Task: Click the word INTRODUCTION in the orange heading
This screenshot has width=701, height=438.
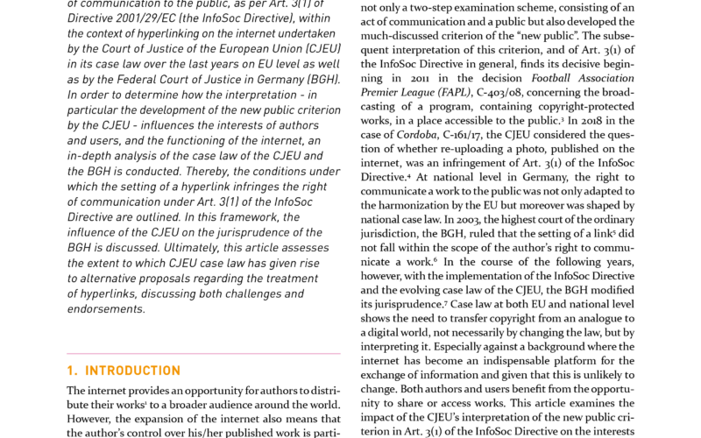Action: click(133, 371)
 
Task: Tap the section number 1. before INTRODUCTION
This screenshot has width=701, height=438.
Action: click(72, 371)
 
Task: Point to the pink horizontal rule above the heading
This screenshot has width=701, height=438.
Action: click(203, 354)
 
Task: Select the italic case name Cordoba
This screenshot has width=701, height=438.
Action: click(417, 135)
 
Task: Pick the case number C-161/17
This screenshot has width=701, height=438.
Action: click(463, 135)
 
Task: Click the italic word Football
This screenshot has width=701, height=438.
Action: click(551, 78)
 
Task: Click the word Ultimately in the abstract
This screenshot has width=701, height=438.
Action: click(191, 248)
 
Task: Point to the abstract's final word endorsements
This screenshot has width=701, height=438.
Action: click(106, 309)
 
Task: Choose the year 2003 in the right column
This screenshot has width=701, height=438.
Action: click(468, 220)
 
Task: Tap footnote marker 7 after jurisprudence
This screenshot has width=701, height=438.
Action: click(446, 302)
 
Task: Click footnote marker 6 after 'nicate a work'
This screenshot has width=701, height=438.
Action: click(435, 259)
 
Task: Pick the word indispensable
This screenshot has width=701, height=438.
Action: click(516, 361)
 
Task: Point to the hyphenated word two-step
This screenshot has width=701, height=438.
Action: click(430, 8)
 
